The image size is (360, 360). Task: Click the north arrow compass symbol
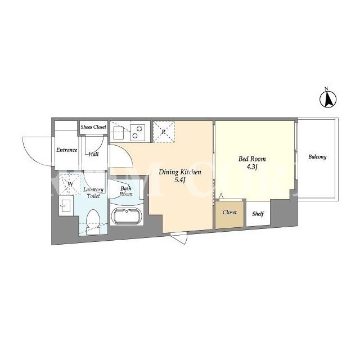click(x=328, y=99)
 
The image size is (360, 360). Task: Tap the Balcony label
click(x=317, y=157)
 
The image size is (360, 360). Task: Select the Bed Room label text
click(x=252, y=159)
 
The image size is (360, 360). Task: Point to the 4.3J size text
click(x=252, y=166)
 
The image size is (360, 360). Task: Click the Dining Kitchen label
click(x=180, y=172)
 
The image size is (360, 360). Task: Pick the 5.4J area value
click(x=180, y=180)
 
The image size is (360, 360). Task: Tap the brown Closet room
click(x=229, y=215)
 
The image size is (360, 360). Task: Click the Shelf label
click(x=258, y=214)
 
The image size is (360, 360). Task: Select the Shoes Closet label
click(x=93, y=127)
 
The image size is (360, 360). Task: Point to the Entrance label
click(x=66, y=150)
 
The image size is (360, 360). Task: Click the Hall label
click(x=93, y=154)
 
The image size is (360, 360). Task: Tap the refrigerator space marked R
click(x=164, y=132)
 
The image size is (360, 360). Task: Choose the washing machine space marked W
click(x=70, y=184)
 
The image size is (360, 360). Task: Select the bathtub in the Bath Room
click(x=127, y=216)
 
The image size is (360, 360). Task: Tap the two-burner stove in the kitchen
click(x=138, y=133)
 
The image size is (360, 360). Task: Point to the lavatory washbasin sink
click(x=66, y=205)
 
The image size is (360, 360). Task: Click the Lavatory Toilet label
click(x=93, y=192)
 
